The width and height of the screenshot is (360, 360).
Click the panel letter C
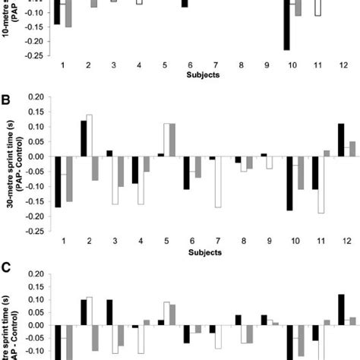pyautogui.click(x=6, y=268)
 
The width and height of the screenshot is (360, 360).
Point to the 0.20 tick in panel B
pyautogui.click(x=35, y=97)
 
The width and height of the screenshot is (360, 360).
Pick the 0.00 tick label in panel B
pyautogui.click(x=35, y=156)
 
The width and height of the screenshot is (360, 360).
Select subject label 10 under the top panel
pyautogui.click(x=292, y=66)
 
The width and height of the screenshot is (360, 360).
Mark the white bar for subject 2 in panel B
pyautogui.click(x=89, y=135)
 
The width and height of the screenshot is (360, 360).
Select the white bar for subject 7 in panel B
pyautogui.click(x=218, y=182)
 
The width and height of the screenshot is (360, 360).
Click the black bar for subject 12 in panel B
pyautogui.click(x=340, y=140)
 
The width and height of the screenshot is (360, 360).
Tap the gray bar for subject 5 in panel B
pyautogui.click(x=172, y=140)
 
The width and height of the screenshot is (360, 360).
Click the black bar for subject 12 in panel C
pyautogui.click(x=340, y=308)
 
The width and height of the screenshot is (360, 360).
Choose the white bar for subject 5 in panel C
pyautogui.click(x=166, y=313)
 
